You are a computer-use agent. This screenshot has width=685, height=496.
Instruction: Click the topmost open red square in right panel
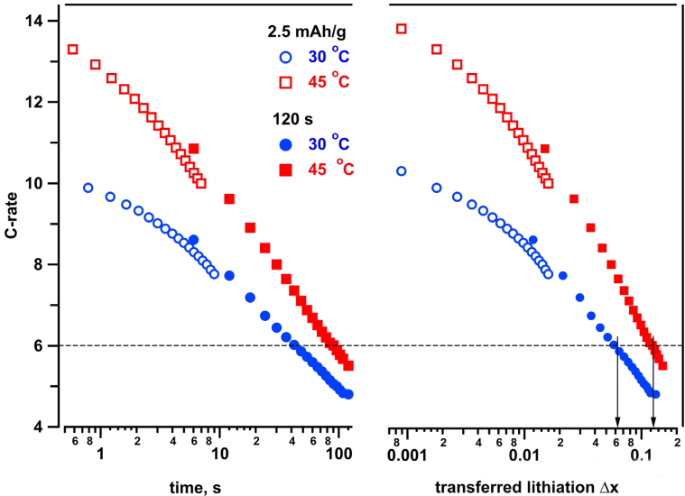click(x=403, y=29)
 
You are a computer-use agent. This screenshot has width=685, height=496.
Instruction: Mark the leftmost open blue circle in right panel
click(x=403, y=170)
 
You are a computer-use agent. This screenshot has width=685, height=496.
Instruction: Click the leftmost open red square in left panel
click(x=73, y=49)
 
